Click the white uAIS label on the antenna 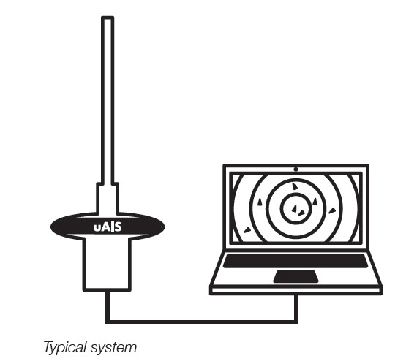108,227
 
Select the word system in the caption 113,348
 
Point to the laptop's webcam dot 296,170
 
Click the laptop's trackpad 296,276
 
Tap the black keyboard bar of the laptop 296,261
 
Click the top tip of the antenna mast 108,17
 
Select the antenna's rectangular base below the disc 107,264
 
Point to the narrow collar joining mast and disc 108,198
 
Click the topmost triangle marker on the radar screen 295,186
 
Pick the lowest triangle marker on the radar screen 247,230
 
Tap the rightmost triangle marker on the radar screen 332,210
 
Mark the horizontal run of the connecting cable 201,322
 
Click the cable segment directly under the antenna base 108,306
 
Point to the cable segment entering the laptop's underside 296,308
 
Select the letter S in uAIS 118,227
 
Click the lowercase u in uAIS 97,228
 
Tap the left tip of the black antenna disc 51,227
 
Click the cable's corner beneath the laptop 296,322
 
